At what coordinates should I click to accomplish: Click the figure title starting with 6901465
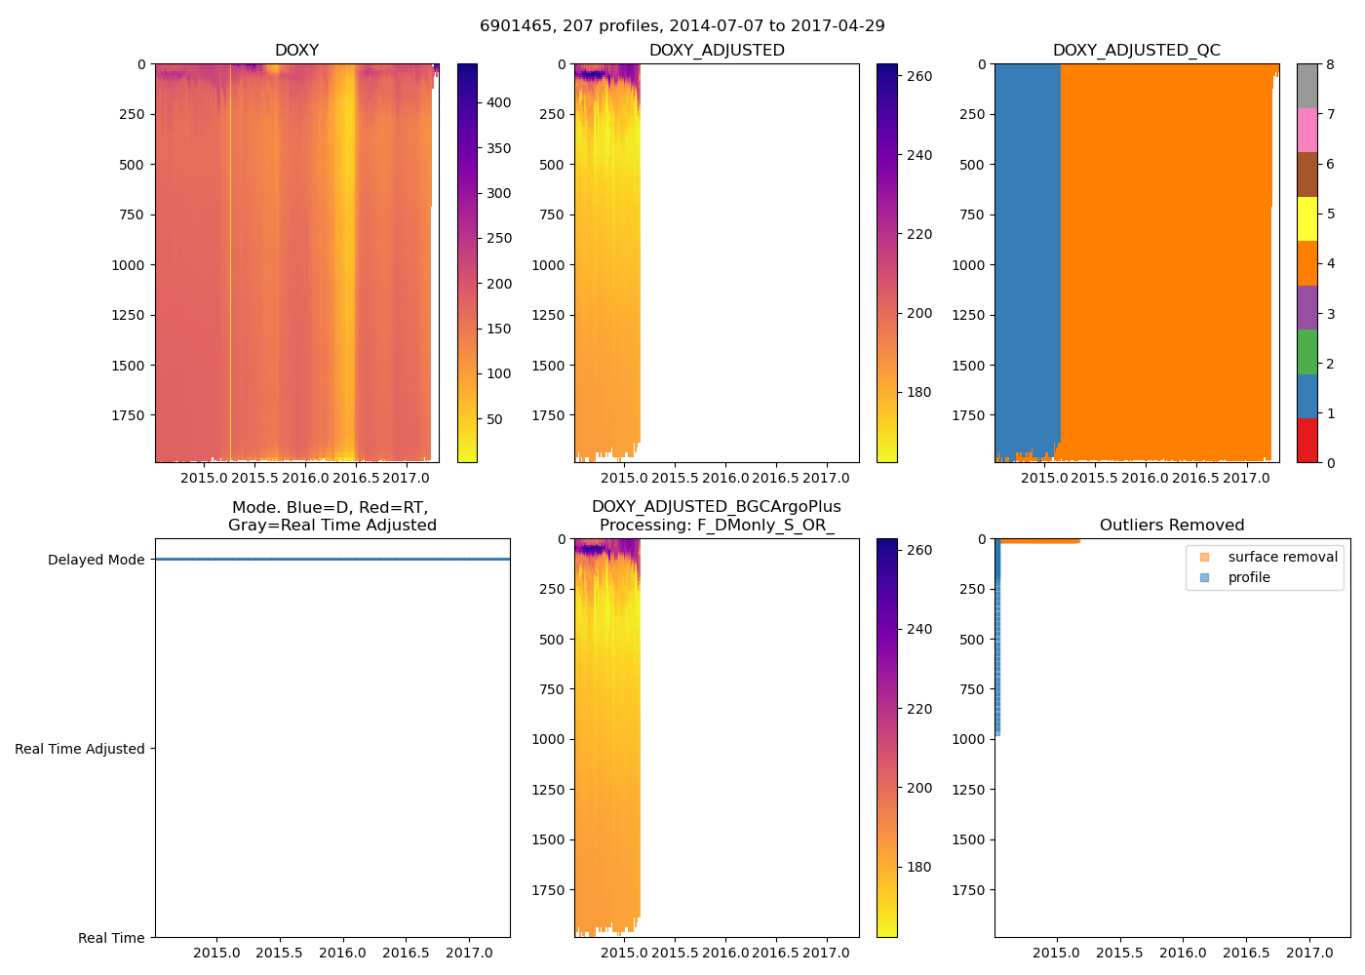pos(682,26)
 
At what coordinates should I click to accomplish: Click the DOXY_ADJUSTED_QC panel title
pos(1136,51)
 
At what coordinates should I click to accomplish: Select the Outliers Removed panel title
pos(1171,526)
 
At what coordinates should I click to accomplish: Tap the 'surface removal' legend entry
pos(1282,557)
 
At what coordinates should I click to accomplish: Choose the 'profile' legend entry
pos(1249,577)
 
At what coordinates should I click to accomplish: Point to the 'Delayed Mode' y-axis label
pos(96,560)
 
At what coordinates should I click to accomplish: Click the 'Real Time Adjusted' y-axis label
pos(79,749)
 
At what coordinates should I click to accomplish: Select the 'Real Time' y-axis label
pos(111,938)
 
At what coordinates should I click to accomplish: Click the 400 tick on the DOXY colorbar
pos(499,102)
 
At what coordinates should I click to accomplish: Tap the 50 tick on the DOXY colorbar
pos(494,419)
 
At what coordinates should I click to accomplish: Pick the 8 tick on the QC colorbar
pos(1330,64)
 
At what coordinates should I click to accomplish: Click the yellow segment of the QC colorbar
pos(1306,218)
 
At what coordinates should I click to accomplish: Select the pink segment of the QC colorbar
pos(1306,130)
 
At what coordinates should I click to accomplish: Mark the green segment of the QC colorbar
pos(1306,351)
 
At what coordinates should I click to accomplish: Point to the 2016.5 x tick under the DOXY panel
pos(356,478)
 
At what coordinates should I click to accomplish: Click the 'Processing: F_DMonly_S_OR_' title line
pos(717,526)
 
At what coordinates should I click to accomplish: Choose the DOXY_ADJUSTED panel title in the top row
pos(717,51)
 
